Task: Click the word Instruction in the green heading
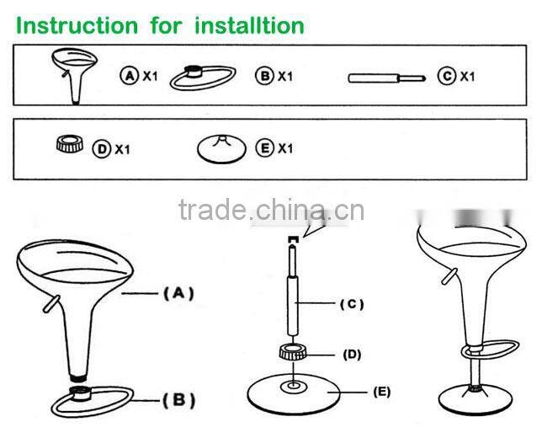[x=73, y=24]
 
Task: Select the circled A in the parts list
[x=130, y=77]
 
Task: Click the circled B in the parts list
[x=265, y=77]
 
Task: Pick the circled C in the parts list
[x=447, y=77]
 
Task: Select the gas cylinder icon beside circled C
[x=384, y=78]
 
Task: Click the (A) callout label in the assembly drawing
[x=178, y=293]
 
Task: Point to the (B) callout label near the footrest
[x=179, y=398]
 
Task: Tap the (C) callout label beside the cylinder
[x=353, y=303]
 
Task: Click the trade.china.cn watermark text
[x=271, y=207]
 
